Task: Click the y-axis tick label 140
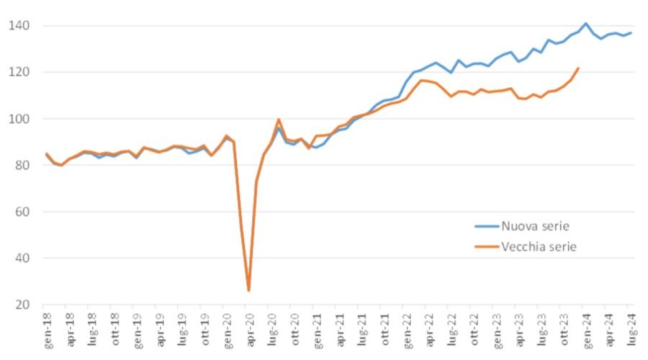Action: (x=19, y=26)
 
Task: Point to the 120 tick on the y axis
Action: (x=19, y=72)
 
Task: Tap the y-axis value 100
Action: (x=19, y=119)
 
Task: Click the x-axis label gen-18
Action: (x=46, y=329)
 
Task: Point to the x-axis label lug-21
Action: (x=361, y=329)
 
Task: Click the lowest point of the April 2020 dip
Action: (x=248, y=291)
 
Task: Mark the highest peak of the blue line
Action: (x=585, y=24)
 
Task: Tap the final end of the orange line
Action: (x=578, y=68)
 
